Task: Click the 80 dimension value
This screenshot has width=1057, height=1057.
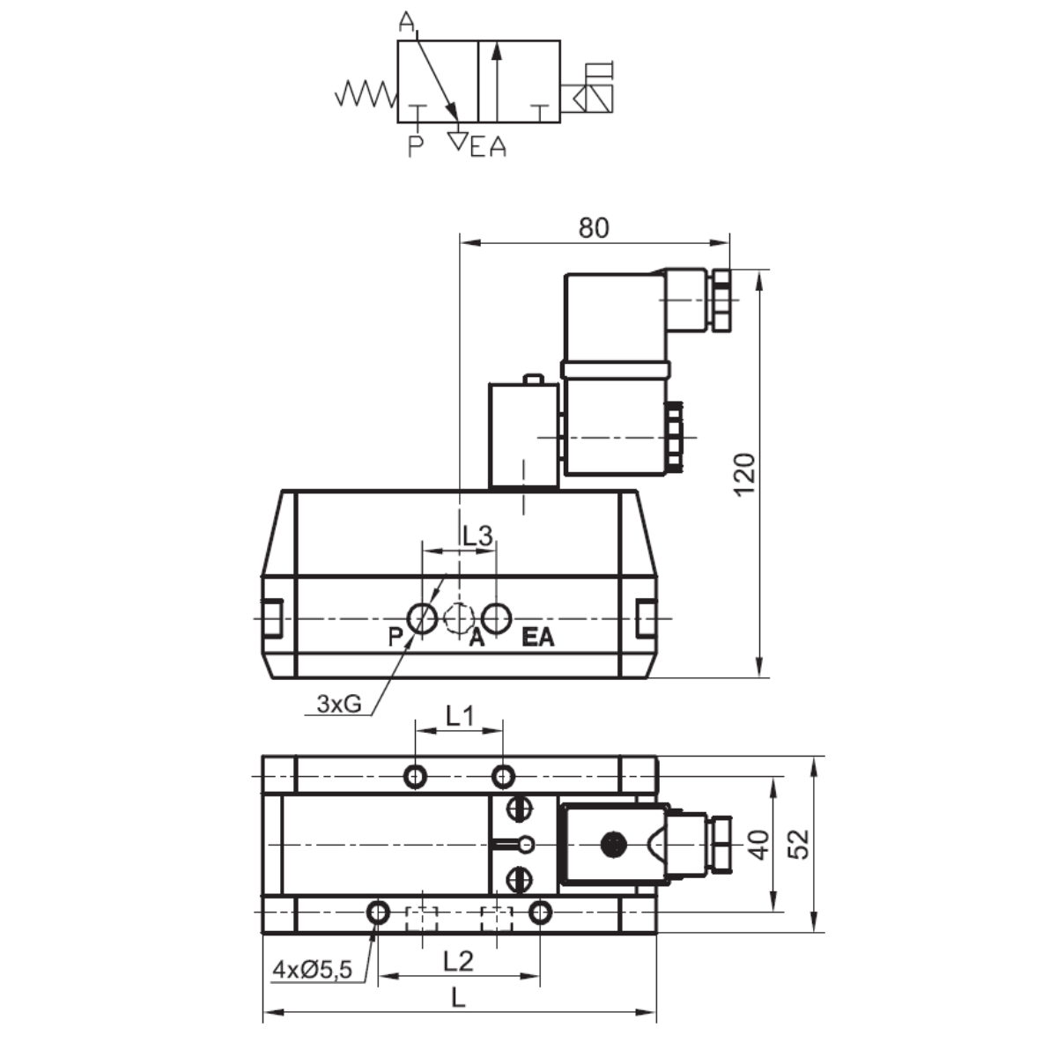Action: pyautogui.click(x=594, y=227)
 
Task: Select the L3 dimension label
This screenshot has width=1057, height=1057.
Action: pyautogui.click(x=477, y=535)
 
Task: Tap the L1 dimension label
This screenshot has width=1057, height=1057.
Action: pyautogui.click(x=459, y=716)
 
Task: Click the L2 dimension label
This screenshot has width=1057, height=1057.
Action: pyautogui.click(x=458, y=961)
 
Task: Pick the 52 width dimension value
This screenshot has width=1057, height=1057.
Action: pyautogui.click(x=799, y=844)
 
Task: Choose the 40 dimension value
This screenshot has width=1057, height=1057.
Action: pyautogui.click(x=759, y=844)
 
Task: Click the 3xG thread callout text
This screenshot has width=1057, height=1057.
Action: pyautogui.click(x=339, y=704)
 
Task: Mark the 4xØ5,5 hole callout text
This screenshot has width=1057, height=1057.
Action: pyautogui.click(x=312, y=970)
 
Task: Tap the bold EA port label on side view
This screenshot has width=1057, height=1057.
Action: pyautogui.click(x=538, y=638)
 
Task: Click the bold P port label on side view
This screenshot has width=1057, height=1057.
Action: pyautogui.click(x=395, y=638)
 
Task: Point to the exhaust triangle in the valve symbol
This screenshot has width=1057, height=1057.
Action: pyautogui.click(x=457, y=139)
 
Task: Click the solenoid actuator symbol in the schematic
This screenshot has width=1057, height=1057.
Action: pyautogui.click(x=588, y=92)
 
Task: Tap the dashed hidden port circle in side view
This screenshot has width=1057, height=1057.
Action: pyautogui.click(x=459, y=618)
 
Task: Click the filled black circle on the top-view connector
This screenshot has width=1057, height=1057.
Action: pyautogui.click(x=612, y=845)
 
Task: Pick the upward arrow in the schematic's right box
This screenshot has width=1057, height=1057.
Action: pyautogui.click(x=497, y=79)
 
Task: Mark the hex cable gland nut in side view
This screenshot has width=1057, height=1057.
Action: pyautogui.click(x=721, y=301)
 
